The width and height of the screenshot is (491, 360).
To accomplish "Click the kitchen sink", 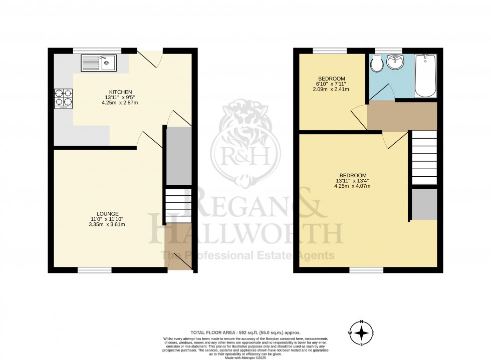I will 98,63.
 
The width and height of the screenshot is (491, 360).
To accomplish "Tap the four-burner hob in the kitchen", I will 64,99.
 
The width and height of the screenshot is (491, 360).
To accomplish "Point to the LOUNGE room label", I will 108,214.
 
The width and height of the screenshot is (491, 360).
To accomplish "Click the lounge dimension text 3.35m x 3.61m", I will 108,224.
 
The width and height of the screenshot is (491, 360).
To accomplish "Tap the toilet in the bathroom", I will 377,64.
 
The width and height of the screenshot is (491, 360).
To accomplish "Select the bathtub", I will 426,75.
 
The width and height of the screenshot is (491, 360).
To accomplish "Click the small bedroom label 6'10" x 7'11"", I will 331,84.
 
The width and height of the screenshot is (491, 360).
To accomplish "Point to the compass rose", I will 361,332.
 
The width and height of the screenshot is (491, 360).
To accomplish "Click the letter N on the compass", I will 361,321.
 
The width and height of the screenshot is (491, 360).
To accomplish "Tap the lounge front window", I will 94,270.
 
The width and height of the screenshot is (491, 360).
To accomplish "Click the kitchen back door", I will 150,59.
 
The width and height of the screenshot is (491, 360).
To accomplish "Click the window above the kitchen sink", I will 97,50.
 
